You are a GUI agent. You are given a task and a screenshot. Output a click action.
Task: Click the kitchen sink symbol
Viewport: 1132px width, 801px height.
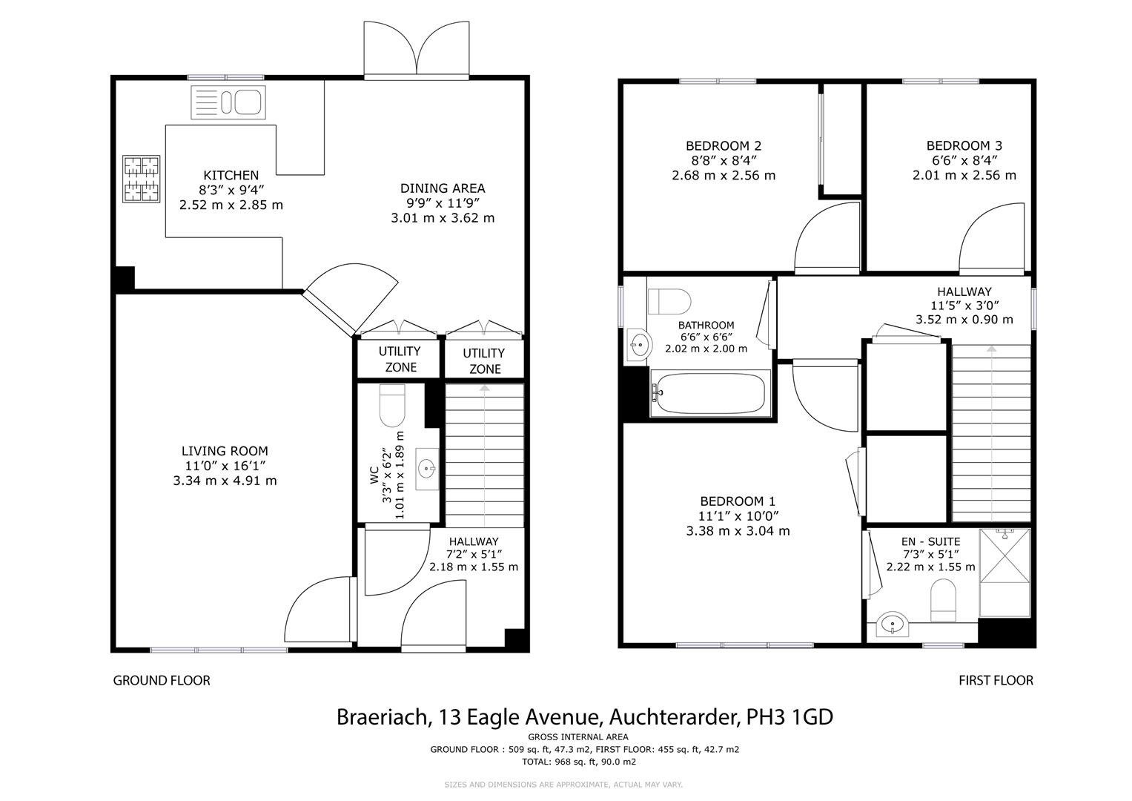(228, 102)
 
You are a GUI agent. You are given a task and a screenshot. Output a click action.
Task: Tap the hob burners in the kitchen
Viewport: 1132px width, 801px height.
(141, 179)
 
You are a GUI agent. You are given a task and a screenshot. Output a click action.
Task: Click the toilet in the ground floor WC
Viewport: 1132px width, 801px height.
(391, 406)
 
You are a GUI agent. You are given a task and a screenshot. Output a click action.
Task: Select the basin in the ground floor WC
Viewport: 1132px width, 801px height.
(427, 469)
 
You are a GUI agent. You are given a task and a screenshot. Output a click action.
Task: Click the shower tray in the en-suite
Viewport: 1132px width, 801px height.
(1005, 572)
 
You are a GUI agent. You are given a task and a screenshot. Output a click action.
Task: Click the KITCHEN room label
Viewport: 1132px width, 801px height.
(231, 175)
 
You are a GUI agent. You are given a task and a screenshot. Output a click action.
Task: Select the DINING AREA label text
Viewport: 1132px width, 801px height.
(443, 188)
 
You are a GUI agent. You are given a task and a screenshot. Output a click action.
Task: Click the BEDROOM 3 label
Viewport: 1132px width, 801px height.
(964, 146)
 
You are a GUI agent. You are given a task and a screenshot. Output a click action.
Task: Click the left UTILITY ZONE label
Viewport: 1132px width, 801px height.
(400, 359)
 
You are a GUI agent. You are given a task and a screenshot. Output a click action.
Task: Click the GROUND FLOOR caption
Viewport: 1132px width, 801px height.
(162, 680)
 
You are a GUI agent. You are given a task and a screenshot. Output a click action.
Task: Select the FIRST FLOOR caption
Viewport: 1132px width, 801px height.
(996, 680)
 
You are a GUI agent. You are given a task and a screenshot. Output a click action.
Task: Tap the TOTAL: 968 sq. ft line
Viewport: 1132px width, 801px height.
(579, 761)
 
